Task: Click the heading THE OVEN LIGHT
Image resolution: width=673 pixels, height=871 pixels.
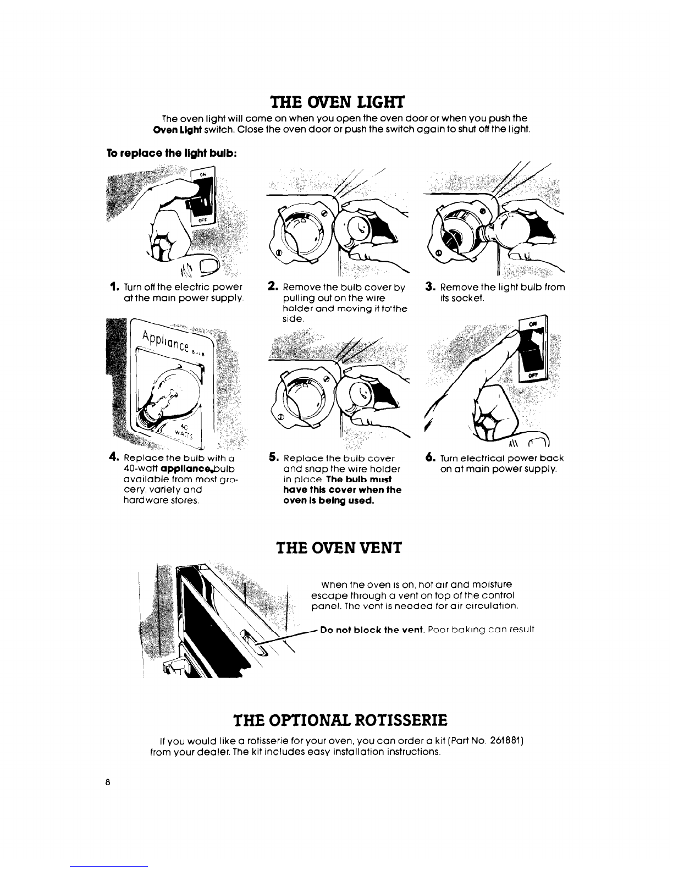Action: click(x=338, y=103)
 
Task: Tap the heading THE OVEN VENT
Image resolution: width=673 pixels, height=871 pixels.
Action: click(x=339, y=548)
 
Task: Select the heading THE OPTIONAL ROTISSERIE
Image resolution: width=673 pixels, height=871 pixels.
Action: click(x=340, y=720)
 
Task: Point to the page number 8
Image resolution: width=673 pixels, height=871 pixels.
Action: click(x=107, y=782)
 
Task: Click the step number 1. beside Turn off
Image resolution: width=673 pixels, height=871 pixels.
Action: click(x=114, y=287)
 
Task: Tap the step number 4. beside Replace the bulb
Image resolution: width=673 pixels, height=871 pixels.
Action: click(x=114, y=457)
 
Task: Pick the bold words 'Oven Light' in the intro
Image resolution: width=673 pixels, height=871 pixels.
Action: click(x=178, y=130)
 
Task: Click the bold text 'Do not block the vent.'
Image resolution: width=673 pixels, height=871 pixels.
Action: click(x=372, y=630)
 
